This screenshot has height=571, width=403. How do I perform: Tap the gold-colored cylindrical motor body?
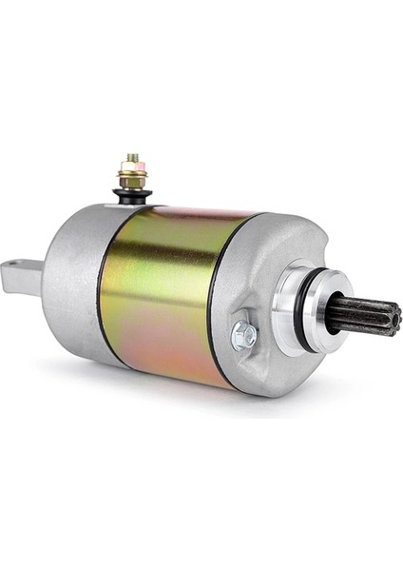click(162, 285)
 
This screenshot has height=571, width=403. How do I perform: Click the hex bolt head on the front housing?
click(244, 333)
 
